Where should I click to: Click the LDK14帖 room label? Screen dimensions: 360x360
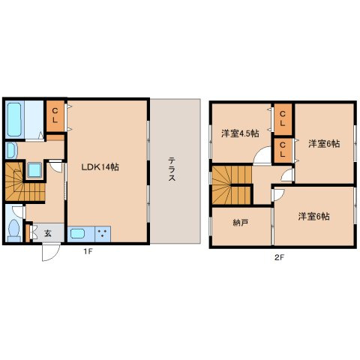(x=100, y=166)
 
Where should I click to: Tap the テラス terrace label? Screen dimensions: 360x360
(x=172, y=169)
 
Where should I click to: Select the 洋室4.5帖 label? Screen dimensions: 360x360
(x=240, y=133)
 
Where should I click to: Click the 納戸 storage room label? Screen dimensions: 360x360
(x=240, y=223)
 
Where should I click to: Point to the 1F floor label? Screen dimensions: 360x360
(x=88, y=251)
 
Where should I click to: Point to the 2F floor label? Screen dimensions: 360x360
(x=280, y=257)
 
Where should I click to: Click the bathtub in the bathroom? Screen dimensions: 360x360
(x=14, y=119)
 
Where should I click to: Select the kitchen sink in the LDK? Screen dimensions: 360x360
(x=78, y=234)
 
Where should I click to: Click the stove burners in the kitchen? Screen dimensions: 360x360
(x=103, y=234)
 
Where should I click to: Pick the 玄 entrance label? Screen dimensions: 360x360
(x=48, y=233)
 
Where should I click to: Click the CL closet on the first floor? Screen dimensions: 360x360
(x=55, y=115)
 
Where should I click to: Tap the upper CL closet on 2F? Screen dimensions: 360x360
(x=283, y=119)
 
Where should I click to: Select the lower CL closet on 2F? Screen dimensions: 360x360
(x=283, y=150)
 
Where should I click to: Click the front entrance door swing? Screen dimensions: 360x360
(x=51, y=253)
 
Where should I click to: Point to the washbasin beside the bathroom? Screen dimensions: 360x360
(x=11, y=151)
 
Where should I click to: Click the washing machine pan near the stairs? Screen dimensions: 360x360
(x=34, y=170)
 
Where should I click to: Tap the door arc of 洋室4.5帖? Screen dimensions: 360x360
(x=262, y=156)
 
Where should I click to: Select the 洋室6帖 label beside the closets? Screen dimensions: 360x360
(x=324, y=144)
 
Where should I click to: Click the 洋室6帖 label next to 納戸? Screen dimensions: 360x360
(x=313, y=216)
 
